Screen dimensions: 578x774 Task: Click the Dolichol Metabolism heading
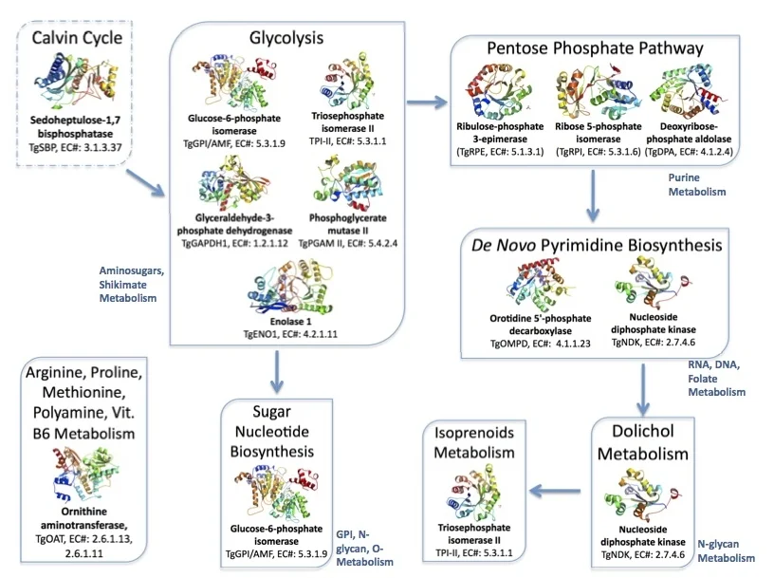(x=651, y=442)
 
